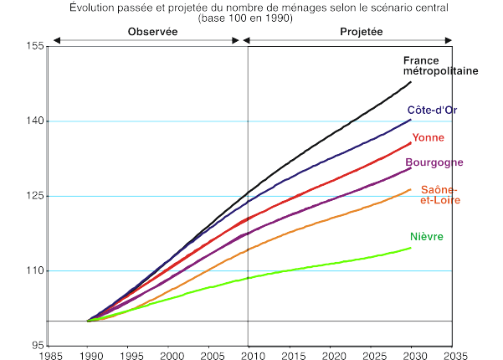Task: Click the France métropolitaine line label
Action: pos(440,65)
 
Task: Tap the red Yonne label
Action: pos(428,137)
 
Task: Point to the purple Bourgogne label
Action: pos(434,162)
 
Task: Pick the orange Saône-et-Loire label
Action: pos(440,194)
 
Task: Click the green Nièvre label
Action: pos(427,237)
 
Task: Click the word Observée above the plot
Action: pos(152,31)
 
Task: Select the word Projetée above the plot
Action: pos(362,31)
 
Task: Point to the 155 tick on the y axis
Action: pos(33,47)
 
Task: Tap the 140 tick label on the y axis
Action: pos(33,121)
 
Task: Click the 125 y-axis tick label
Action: pos(33,197)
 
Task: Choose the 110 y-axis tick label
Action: pos(33,271)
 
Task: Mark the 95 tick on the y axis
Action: pos(36,346)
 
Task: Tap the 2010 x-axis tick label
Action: pos(249,354)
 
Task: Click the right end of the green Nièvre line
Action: pos(410,248)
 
